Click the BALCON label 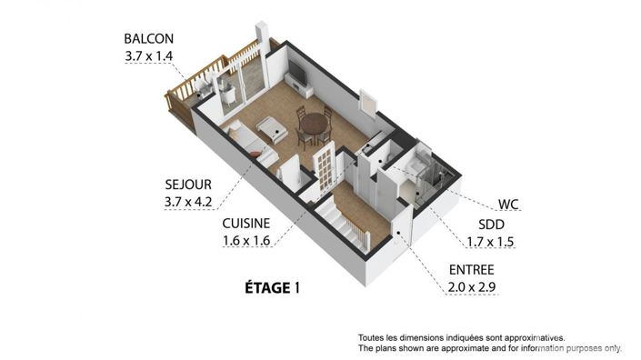(148, 39)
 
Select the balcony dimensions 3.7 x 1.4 (148, 55)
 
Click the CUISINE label (247, 224)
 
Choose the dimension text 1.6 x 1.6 (247, 241)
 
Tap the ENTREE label (471, 270)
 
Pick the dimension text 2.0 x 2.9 (471, 287)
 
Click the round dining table (315, 123)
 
